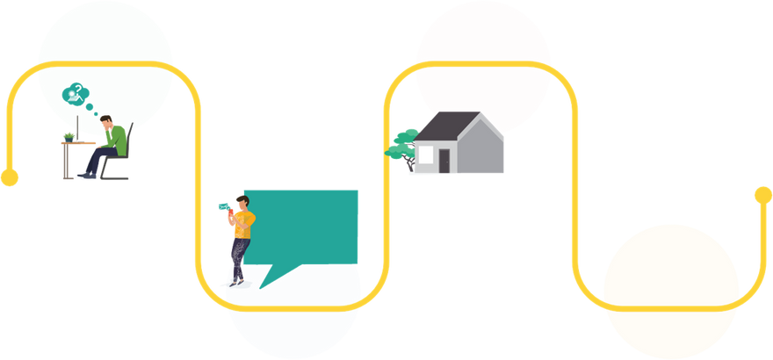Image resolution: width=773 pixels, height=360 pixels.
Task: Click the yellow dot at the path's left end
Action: click(10, 179)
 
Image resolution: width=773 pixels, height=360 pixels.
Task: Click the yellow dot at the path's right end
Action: click(762, 195)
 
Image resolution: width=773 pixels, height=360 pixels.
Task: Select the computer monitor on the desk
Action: click(77, 128)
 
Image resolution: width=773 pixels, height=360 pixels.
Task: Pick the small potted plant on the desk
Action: click(69, 135)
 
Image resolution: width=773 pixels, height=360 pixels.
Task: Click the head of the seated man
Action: click(105, 123)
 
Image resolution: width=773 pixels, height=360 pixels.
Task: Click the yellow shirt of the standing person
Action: click(242, 225)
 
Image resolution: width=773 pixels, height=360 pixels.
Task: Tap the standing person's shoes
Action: click(236, 282)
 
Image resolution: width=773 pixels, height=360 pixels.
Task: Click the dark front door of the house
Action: click(444, 161)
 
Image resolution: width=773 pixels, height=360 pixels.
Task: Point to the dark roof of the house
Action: click(444, 127)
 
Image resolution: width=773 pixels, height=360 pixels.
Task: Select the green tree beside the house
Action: click(401, 143)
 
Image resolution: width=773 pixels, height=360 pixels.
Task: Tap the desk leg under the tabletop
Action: click(63, 162)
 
